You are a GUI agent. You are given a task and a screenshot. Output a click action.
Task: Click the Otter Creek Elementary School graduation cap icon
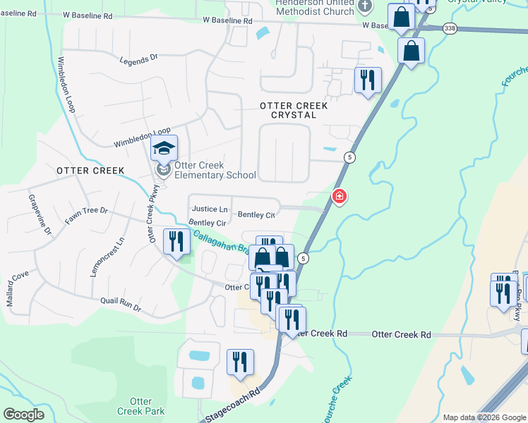coord(164,148)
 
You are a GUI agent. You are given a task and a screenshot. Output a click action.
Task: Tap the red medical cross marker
coord(340,195)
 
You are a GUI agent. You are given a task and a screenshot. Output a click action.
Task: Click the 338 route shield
coord(449,28)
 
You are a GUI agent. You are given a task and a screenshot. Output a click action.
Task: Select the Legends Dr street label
coord(138,61)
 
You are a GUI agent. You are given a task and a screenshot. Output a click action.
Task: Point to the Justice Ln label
coord(210,209)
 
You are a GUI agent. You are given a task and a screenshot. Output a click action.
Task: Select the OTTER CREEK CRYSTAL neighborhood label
coord(294,110)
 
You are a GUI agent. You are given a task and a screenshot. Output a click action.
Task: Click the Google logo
coord(23,414)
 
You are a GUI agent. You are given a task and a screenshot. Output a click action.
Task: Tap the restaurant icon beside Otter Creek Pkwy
coord(174,242)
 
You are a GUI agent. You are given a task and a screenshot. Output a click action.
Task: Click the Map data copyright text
coord(484,417)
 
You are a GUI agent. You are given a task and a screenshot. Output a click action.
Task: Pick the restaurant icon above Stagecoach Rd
coord(240,362)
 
